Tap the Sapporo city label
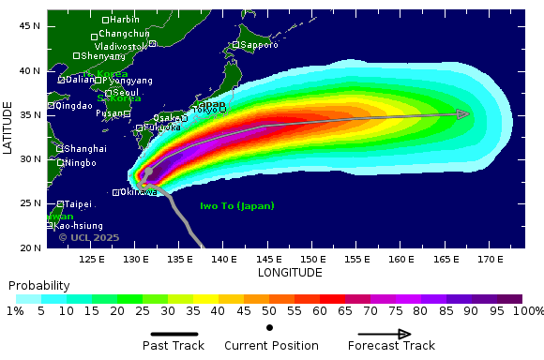point(259,45)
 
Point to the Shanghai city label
point(84,149)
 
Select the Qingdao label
point(74,107)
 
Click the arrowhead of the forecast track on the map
point(463,114)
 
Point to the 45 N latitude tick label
point(30,26)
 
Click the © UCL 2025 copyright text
point(89,238)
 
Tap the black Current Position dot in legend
point(270,327)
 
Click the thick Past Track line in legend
point(174,334)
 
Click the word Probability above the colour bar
point(38,285)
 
